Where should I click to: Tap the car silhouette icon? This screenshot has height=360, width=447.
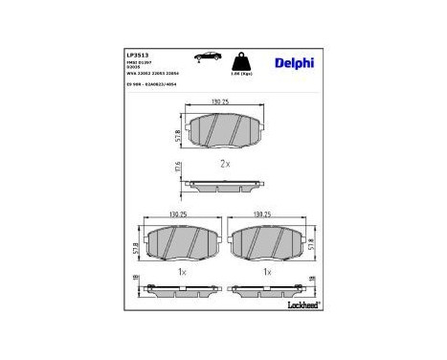coord(202,56)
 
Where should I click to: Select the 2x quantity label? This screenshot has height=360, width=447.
coord(225,163)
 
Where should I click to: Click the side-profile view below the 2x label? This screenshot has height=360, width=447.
coord(225,184)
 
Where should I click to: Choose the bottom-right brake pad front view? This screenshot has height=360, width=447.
coord(268,244)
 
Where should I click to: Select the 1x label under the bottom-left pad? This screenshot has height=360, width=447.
coord(181,271)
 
